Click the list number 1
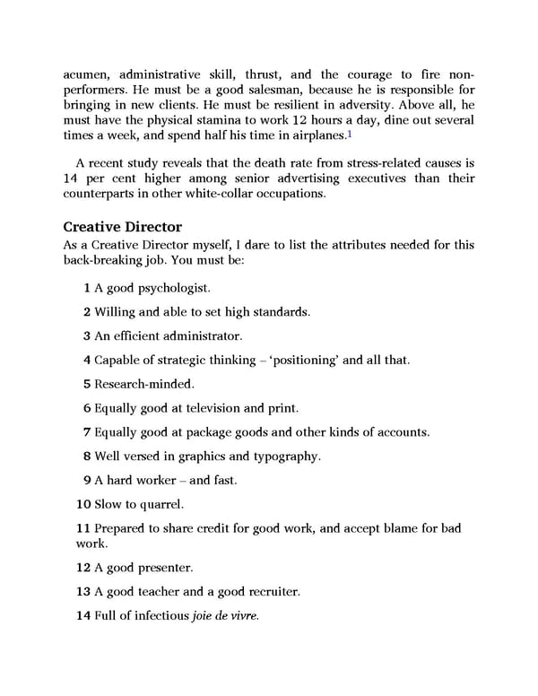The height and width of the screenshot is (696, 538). point(86,289)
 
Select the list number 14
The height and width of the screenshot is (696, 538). point(83,615)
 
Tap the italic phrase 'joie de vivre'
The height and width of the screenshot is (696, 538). point(225,615)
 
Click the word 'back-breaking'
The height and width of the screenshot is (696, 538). point(104,260)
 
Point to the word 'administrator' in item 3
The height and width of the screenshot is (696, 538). point(200,335)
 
